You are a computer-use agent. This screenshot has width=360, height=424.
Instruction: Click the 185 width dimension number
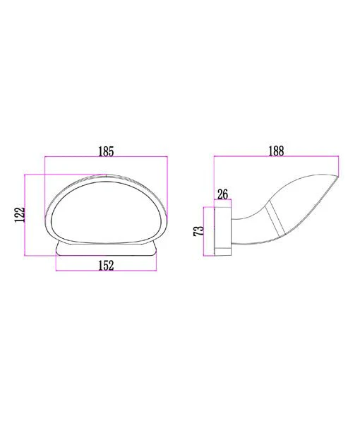pyautogui.click(x=106, y=151)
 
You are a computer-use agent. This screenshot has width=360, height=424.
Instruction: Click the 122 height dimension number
pyautogui.click(x=20, y=215)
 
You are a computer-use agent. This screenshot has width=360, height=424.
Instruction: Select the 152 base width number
pyautogui.click(x=106, y=265)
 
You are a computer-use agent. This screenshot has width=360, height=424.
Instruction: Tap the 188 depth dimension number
pyautogui.click(x=276, y=151)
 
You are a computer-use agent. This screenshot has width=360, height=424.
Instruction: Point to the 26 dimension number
pyautogui.click(x=222, y=194)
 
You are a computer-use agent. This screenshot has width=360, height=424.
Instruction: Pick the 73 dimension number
pyautogui.click(x=198, y=231)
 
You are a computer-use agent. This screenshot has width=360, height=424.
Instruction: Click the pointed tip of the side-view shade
pyautogui.click(x=337, y=177)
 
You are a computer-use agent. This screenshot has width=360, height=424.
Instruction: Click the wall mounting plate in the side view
pyautogui.click(x=223, y=231)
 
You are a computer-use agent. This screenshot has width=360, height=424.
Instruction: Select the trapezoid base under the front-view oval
pyautogui.click(x=106, y=249)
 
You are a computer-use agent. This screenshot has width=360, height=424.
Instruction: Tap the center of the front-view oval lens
pyautogui.click(x=106, y=212)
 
